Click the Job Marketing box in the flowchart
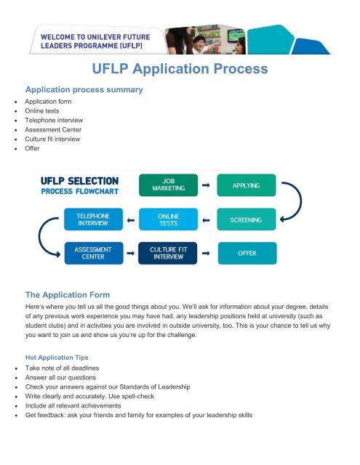[x=168, y=185]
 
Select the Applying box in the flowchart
[x=247, y=185]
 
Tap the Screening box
[x=247, y=219]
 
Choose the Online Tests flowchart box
[x=168, y=219]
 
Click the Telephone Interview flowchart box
[x=93, y=219]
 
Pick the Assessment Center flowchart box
[x=94, y=253]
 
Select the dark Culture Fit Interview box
[x=168, y=253]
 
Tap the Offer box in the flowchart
[x=247, y=253]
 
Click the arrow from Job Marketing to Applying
[x=206, y=185]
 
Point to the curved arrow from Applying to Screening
[x=301, y=202]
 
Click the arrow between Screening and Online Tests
[x=206, y=220]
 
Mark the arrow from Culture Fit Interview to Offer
[x=206, y=253]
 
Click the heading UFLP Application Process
[x=180, y=69]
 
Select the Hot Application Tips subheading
[x=57, y=357]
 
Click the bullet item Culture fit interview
[x=52, y=139]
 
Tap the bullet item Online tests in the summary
[x=42, y=111]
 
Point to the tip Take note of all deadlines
[x=62, y=368]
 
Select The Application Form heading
[x=68, y=295]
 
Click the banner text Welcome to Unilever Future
[x=95, y=37]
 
